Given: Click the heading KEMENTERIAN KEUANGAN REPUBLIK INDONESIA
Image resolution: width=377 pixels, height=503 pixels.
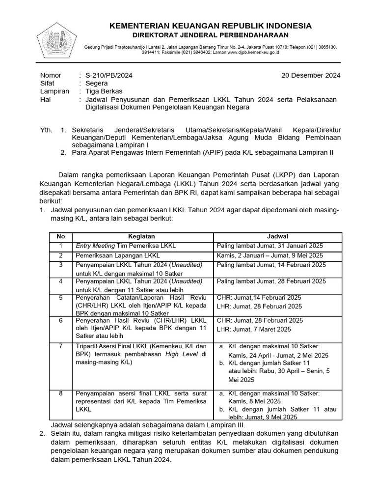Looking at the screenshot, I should point(210,26).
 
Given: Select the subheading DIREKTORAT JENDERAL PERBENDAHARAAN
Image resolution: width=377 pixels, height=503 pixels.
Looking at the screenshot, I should point(210,35).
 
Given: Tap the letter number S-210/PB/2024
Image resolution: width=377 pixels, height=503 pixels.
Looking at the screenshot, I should point(108,75).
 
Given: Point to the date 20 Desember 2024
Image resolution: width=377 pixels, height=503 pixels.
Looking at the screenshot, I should point(310,75).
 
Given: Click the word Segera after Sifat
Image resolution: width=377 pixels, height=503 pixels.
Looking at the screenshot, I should point(97,83).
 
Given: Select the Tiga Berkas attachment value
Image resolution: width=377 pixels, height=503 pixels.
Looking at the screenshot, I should point(104,91).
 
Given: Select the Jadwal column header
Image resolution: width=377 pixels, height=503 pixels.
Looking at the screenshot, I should point(277,237).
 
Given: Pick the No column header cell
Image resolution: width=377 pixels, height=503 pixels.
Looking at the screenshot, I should point(61,237).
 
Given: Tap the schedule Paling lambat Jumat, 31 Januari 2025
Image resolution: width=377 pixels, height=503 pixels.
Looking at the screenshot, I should point(269,246).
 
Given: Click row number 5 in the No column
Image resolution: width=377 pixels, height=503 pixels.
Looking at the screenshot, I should point(61,298).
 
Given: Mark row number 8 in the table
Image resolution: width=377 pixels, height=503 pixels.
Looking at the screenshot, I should point(61,393).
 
